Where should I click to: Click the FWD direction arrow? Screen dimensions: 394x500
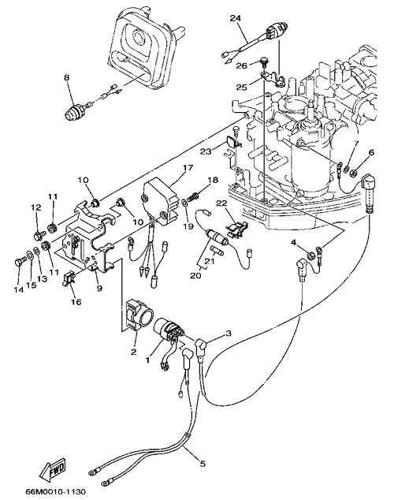53,471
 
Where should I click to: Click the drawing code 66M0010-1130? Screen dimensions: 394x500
56,491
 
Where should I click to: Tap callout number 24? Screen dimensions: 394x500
236,18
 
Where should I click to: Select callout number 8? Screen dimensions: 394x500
66,77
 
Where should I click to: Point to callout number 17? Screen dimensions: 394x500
188,167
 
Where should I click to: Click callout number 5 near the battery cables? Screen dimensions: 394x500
203,464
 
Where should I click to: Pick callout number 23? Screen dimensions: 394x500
206,151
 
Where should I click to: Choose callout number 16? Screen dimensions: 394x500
76,302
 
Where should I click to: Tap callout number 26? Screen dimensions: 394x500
241,66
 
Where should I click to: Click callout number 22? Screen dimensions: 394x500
222,203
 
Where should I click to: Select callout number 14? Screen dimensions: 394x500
19,290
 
